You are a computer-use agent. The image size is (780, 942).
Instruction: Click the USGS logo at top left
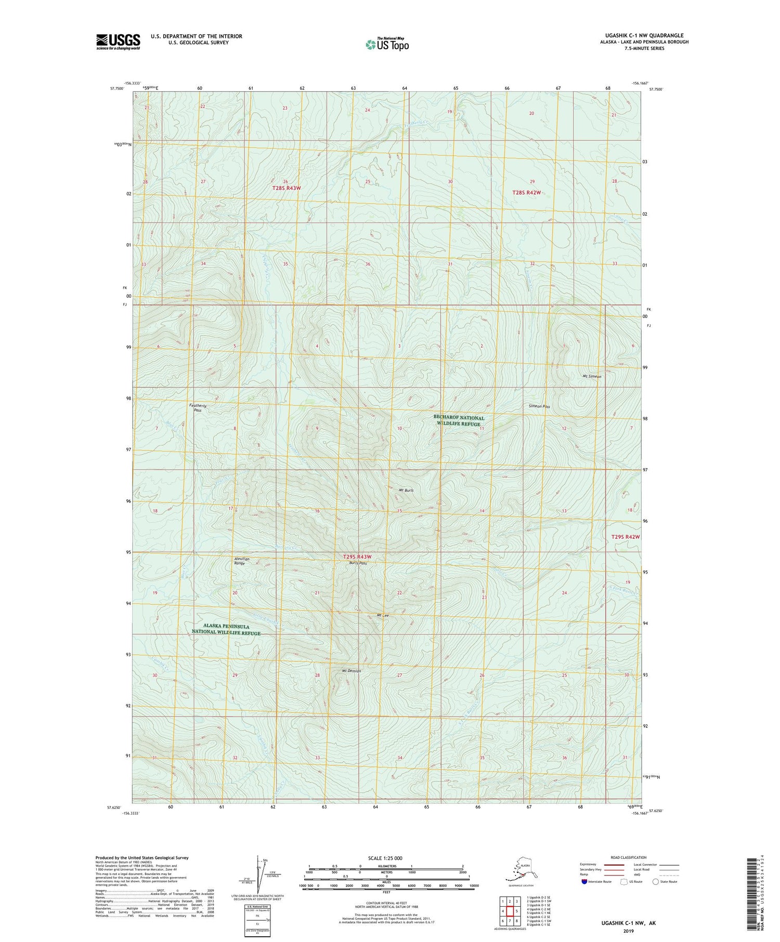(x=118, y=42)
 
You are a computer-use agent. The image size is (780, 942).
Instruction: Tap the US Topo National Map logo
(x=387, y=44)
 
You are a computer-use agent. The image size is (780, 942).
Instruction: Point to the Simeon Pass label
(x=539, y=406)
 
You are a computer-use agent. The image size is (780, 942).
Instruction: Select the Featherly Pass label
(x=198, y=407)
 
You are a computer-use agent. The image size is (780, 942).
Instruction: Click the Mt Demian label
(x=352, y=670)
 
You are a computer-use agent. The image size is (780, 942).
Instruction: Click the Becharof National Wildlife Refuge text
(x=459, y=420)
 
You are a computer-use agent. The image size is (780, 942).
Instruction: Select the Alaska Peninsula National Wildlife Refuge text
(x=225, y=630)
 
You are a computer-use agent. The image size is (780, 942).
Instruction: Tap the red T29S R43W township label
(x=357, y=557)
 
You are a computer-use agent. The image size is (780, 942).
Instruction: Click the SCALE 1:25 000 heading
(x=385, y=858)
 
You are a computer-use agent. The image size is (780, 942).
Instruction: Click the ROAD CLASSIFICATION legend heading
(x=629, y=857)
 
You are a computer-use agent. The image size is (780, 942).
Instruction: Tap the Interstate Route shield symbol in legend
(x=584, y=882)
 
